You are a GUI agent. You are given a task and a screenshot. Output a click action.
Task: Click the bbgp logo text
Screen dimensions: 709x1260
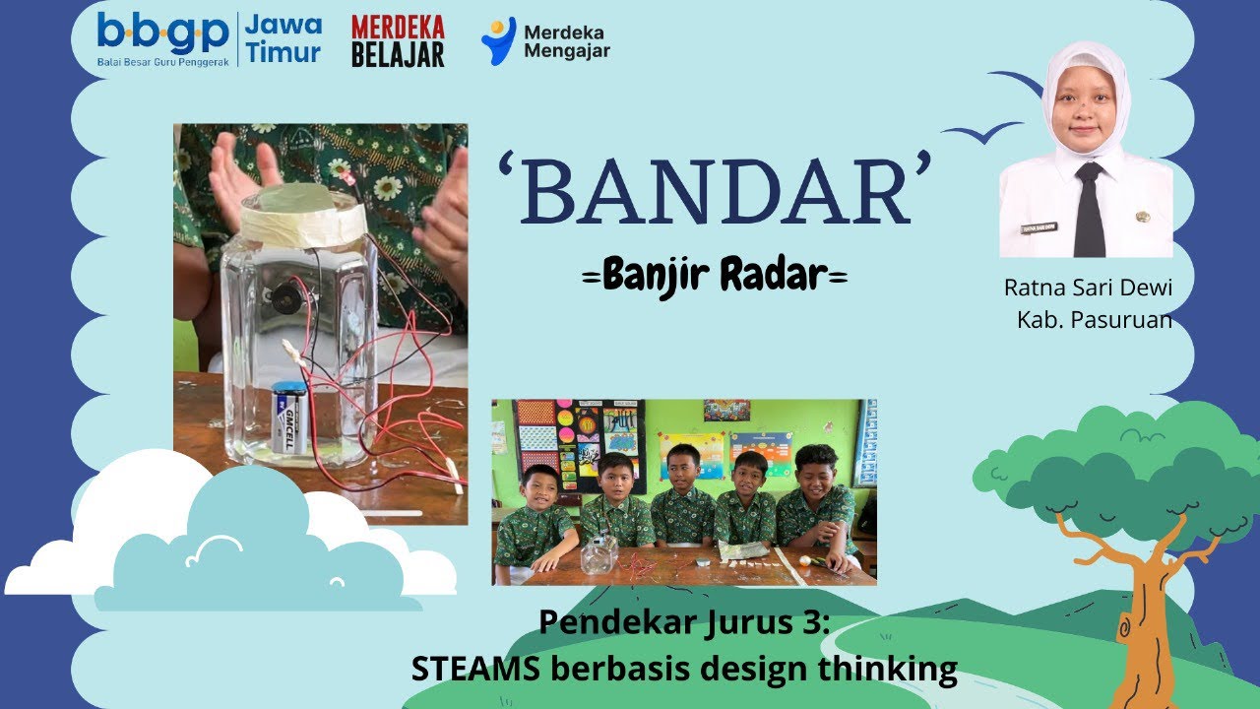(162, 34)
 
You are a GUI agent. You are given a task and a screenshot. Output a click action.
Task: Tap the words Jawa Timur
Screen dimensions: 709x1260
(283, 38)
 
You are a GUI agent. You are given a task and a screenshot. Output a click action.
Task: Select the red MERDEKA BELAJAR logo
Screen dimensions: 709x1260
(398, 41)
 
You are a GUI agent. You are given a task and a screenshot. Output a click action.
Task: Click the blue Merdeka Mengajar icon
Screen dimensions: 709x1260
(498, 40)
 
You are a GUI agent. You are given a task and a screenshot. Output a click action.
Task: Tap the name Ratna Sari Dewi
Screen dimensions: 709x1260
(1088, 288)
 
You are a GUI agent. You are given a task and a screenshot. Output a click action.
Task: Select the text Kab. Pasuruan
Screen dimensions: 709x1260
(1094, 319)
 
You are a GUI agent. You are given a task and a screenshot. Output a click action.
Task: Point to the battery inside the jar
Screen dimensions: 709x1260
(289, 418)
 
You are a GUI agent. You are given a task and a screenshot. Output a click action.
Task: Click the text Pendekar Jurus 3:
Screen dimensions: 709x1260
(684, 622)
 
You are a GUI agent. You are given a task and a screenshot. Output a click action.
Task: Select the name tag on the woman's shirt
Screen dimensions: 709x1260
(1039, 227)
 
